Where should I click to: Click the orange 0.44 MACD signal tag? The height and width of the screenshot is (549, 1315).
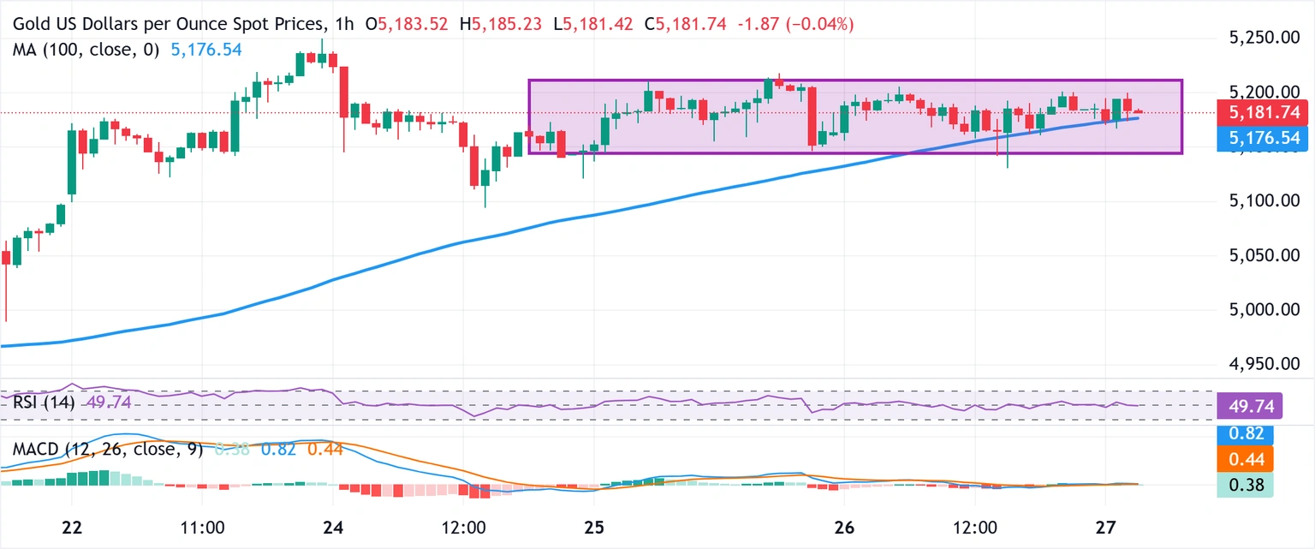point(1245,460)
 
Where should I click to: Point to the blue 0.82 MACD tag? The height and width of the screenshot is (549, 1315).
point(1245,434)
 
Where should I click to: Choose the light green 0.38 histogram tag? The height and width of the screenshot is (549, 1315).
point(1245,485)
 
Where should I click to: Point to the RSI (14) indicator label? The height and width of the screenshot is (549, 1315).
point(44,402)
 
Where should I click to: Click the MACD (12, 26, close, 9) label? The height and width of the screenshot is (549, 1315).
point(107,449)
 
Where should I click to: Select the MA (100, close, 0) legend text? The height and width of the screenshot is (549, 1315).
point(86,50)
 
